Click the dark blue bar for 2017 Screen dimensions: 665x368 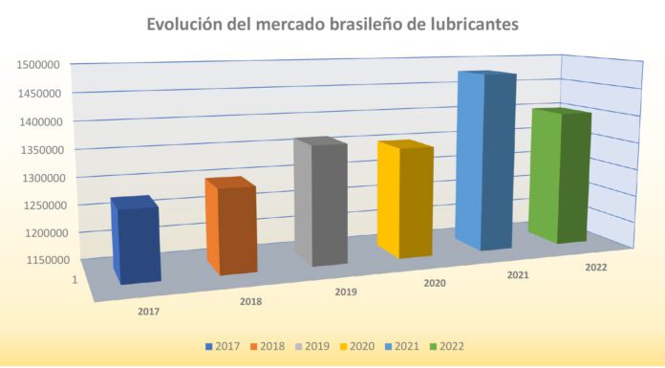click(x=136, y=240)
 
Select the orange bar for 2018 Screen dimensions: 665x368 click(x=231, y=227)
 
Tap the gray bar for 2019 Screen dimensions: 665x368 click(x=321, y=202)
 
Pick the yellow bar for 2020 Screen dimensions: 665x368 click(x=405, y=200)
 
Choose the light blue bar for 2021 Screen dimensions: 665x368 click(x=485, y=161)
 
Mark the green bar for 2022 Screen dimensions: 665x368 click(x=560, y=176)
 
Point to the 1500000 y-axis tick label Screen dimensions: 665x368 click(x=38, y=65)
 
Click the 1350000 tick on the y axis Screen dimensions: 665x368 click(x=43, y=150)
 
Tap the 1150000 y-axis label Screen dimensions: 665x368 click(x=48, y=260)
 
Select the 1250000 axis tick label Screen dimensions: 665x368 click(x=45, y=206)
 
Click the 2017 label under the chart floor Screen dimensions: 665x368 click(x=149, y=312)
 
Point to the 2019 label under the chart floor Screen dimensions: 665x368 click(x=346, y=292)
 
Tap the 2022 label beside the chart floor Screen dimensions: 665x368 click(x=596, y=268)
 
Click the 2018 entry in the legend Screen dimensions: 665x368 click(x=268, y=346)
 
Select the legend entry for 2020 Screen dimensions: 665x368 click(x=357, y=346)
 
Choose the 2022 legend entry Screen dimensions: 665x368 click(x=447, y=346)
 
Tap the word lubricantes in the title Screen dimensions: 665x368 click(x=475, y=24)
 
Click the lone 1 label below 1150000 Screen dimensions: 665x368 click(x=75, y=280)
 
